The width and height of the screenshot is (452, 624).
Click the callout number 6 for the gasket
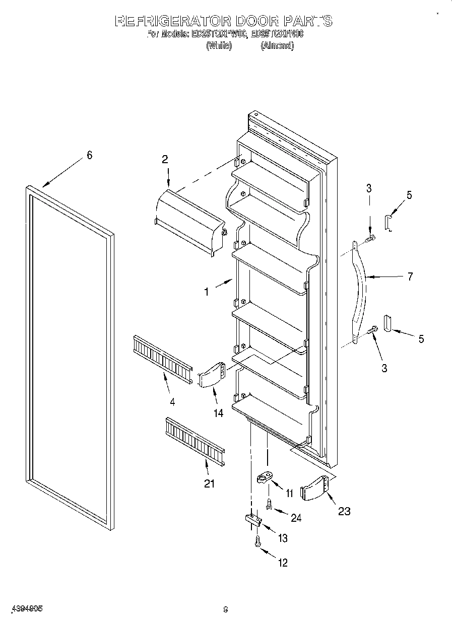pos(89,156)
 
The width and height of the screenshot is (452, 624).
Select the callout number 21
pos(209,483)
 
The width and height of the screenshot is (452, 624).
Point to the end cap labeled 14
pos(212,375)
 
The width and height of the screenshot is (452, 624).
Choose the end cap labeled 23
pos(316,488)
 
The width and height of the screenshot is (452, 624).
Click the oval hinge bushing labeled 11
pos(266,476)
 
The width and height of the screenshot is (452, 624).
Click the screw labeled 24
pos(269,504)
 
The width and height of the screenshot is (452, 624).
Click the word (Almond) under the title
pos(277,46)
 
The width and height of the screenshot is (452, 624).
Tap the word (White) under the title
pos(219,46)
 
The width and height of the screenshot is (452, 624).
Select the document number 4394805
pos(25,608)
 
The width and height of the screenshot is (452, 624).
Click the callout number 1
pos(207,291)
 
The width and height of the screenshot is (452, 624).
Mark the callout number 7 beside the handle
pos(410,276)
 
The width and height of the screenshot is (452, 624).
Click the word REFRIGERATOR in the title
pos(173,21)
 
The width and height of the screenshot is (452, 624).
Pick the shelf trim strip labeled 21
pos(194,440)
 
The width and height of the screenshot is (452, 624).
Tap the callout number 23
pos(344,511)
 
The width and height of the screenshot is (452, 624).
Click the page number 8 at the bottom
pos(226,609)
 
